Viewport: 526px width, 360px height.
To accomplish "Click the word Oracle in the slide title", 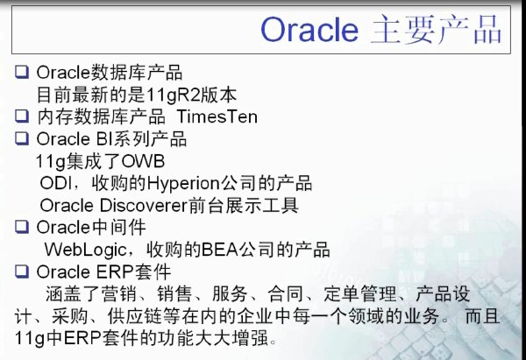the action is pos(309,30).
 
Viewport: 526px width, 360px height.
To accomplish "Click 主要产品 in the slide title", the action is pos(436,30).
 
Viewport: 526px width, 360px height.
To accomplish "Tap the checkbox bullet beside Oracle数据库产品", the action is pos(22,72).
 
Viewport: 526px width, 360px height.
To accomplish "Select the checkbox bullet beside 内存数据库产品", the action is pos(22,116).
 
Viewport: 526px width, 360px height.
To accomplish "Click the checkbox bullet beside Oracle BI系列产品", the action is pos(22,138).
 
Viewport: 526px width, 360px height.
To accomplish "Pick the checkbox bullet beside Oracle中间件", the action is pos(22,227).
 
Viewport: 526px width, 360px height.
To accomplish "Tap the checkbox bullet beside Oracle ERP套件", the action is pos(22,271).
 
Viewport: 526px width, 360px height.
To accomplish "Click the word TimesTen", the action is pos(217,116).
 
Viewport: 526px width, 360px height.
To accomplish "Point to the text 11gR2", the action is pos(171,95).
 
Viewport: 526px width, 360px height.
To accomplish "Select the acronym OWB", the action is pos(143,161).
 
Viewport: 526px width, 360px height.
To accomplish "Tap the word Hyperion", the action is pos(183,184).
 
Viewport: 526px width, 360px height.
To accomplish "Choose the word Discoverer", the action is pos(143,206).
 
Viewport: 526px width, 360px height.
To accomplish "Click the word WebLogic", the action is pos(85,250).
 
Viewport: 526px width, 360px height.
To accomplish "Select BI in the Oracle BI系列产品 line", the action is pos(103,139).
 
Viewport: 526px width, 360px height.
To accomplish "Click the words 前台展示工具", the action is pos(244,206).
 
